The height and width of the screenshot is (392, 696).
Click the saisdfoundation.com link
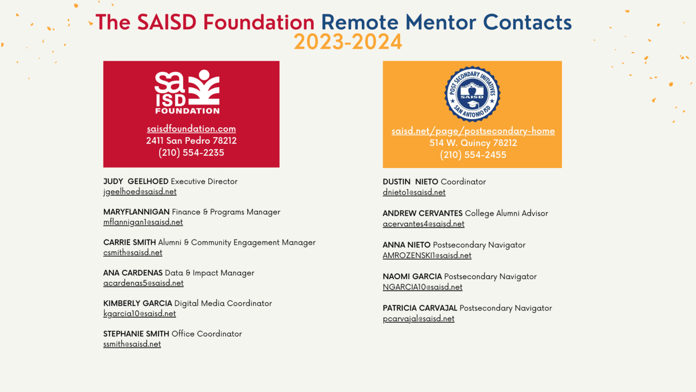(x=191, y=129)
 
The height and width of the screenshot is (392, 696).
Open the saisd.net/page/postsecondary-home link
(x=473, y=131)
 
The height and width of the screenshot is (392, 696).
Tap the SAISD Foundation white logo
(x=187, y=92)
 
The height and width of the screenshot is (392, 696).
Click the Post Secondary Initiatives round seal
(x=472, y=94)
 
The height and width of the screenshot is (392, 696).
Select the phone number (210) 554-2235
(x=191, y=153)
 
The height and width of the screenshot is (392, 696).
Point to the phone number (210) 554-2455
(x=473, y=155)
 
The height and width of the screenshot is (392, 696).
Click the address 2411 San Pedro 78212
(x=191, y=141)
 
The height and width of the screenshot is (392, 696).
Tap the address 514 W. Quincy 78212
(x=473, y=143)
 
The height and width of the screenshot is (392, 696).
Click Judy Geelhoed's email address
(x=140, y=192)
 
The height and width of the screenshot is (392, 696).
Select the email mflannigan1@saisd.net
(x=143, y=222)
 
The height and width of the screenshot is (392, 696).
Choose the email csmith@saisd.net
(x=133, y=253)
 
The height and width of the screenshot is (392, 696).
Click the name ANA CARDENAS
(x=133, y=273)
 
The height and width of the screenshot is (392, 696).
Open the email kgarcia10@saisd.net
(x=140, y=314)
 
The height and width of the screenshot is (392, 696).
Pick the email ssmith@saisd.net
(x=132, y=344)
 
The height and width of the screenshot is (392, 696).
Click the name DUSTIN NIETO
(x=410, y=182)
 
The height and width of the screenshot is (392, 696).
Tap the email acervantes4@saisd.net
(x=424, y=224)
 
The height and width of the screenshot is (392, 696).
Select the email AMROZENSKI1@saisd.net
(x=427, y=256)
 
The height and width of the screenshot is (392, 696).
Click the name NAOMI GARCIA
(x=412, y=277)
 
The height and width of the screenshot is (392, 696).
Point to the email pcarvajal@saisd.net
(x=419, y=319)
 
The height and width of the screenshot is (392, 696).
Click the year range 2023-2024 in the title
(x=348, y=42)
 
